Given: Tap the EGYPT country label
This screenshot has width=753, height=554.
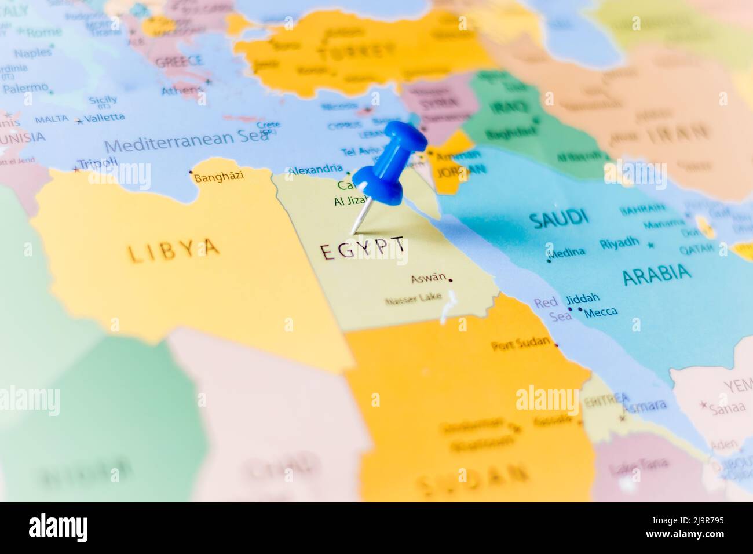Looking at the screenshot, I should [x=363, y=250].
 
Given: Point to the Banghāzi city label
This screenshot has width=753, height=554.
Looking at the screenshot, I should [x=218, y=177].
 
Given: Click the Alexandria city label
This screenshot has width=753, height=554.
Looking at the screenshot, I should [x=315, y=169].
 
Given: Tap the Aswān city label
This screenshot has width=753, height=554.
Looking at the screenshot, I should [x=429, y=278].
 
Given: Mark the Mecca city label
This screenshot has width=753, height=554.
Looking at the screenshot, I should [x=601, y=312].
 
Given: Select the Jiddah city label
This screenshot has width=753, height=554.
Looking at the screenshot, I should [x=582, y=298].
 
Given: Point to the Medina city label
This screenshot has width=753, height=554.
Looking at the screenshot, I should [x=567, y=252].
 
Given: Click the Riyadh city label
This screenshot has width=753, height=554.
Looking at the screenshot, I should [x=620, y=243].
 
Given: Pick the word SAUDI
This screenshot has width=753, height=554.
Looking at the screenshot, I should [x=558, y=218].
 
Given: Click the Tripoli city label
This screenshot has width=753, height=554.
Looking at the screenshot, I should [x=97, y=164].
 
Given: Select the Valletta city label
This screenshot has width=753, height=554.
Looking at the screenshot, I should [x=104, y=118].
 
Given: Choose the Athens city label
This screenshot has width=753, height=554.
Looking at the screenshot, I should [x=182, y=90].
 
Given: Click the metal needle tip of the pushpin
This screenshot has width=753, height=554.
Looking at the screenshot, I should [x=353, y=233].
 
